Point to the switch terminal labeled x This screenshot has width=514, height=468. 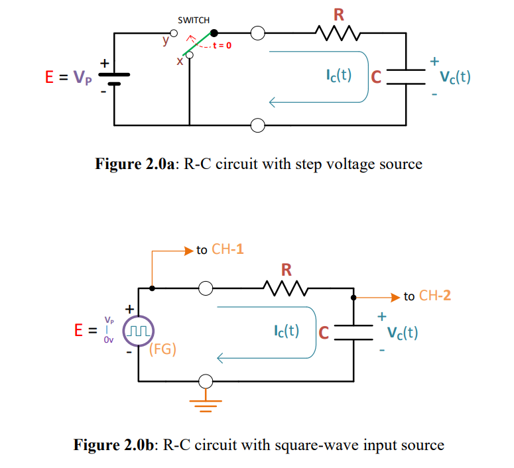click(190, 56)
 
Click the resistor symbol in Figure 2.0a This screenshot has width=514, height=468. click(338, 32)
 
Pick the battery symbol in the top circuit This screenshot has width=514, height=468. click(114, 78)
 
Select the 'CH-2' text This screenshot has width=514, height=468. click(435, 296)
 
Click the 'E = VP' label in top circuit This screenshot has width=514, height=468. click(64, 78)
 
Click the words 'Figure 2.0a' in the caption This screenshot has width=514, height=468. click(135, 164)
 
